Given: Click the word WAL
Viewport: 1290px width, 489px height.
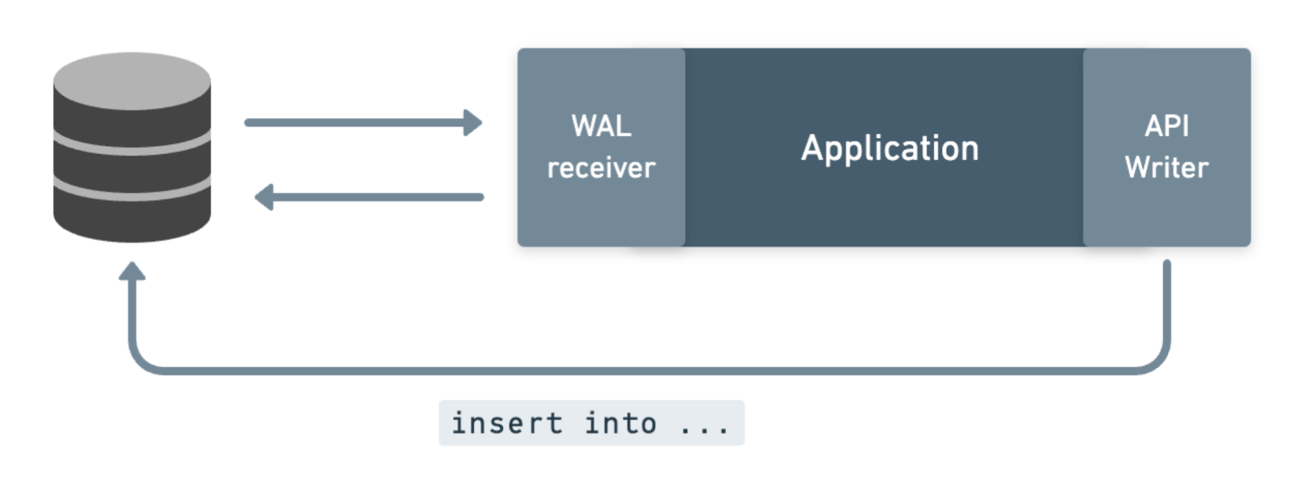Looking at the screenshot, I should tap(601, 126).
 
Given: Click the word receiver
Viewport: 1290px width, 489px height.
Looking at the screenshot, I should tap(601, 168).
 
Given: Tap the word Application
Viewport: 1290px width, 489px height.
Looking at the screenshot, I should tap(890, 148).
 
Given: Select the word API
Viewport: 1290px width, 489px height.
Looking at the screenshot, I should tap(1167, 126).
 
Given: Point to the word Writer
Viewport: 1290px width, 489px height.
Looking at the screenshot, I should tap(1167, 167).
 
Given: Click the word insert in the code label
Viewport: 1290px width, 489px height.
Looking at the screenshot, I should tap(507, 423).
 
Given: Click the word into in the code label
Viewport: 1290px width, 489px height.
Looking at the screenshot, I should tap(620, 423).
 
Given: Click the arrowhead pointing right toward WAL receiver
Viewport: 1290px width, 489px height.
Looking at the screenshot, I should tap(473, 123).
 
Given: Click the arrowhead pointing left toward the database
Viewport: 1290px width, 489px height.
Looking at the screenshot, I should tap(264, 197).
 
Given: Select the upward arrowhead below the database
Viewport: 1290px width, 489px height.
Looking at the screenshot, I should tap(132, 271).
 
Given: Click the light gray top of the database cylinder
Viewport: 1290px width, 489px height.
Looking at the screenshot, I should tap(132, 80).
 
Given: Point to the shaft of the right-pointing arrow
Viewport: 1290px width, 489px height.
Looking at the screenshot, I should tap(355, 123).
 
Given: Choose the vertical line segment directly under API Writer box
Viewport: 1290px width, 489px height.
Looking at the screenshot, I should tap(1167, 301).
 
